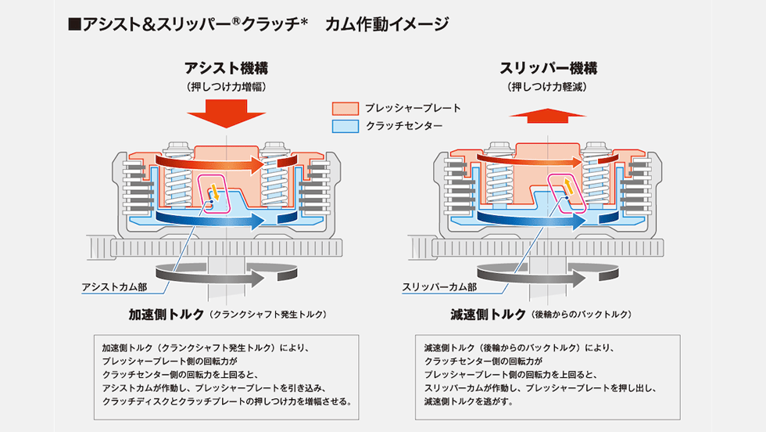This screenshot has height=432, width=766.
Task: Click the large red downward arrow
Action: tap(227, 111)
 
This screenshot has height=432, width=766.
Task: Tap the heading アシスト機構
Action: tap(227, 68)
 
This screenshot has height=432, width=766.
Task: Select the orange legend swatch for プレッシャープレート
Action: tap(344, 108)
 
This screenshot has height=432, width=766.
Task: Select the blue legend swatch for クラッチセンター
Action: tap(344, 125)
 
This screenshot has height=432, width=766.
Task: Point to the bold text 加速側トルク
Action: tap(166, 314)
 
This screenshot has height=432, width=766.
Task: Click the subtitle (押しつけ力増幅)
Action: tap(227, 86)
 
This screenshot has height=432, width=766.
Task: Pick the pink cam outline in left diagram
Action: tap(213, 194)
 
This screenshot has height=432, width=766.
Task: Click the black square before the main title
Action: tap(75, 24)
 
